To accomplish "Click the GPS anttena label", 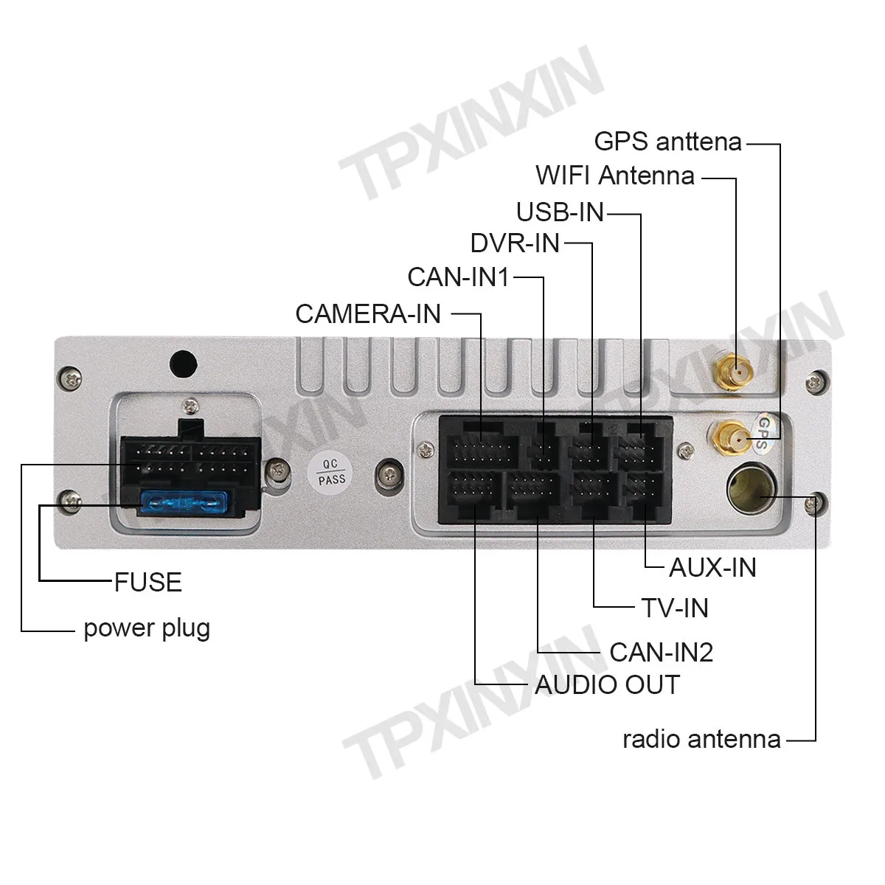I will pyautogui.click(x=667, y=141).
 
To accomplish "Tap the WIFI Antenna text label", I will pyautogui.click(x=615, y=176).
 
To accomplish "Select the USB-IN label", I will pyautogui.click(x=560, y=212).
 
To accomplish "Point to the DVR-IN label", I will pyautogui.click(x=515, y=243).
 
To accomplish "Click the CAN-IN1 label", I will pyautogui.click(x=458, y=277).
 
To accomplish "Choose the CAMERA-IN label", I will pyautogui.click(x=368, y=313).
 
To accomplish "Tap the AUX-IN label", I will pyautogui.click(x=712, y=567).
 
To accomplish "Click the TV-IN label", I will pyautogui.click(x=675, y=608).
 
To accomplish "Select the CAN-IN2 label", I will pyautogui.click(x=662, y=652).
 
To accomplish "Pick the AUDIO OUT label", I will pyautogui.click(x=607, y=684).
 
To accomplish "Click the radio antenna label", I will pyautogui.click(x=701, y=738).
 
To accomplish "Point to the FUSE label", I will pyautogui.click(x=147, y=582).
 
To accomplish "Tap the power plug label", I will pyautogui.click(x=147, y=628).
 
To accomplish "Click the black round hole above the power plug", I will pyautogui.click(x=183, y=363).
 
